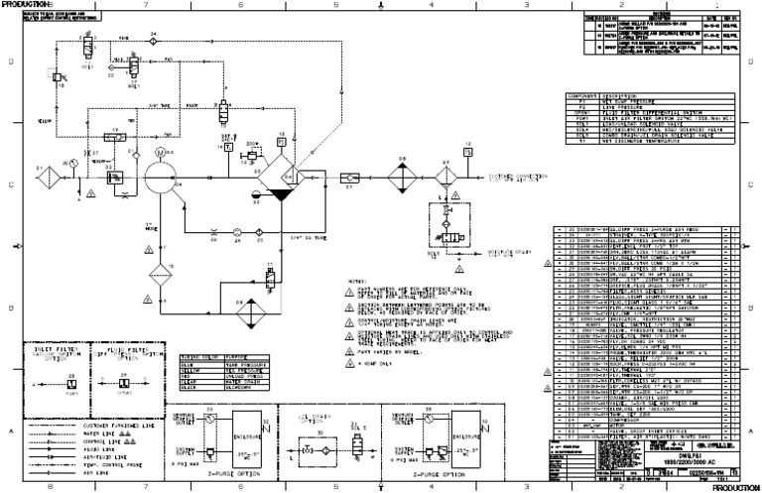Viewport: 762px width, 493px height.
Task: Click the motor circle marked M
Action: click(160, 154)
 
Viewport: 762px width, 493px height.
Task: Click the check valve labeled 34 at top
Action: click(154, 43)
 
